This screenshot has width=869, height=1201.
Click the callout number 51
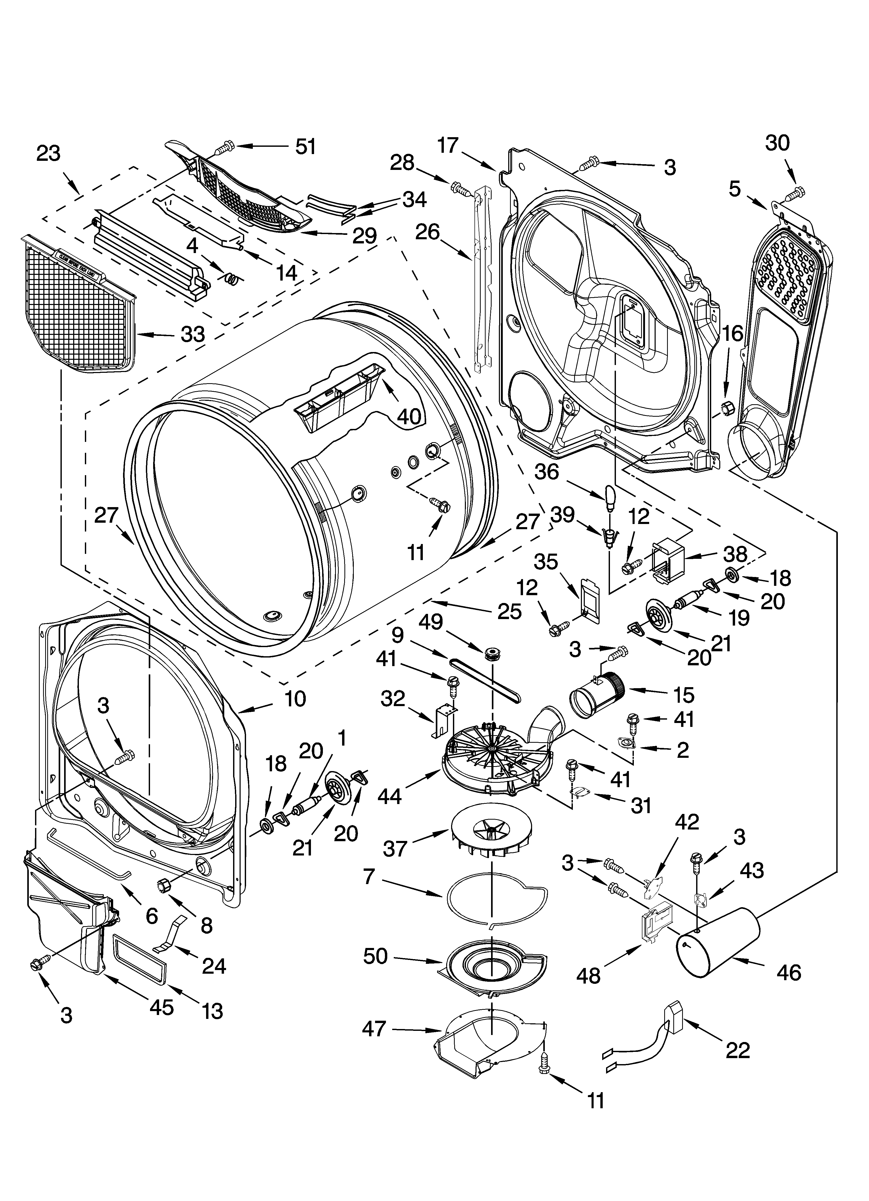coord(305,146)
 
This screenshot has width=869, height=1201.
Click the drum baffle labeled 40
coord(339,393)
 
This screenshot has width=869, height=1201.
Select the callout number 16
coord(733,334)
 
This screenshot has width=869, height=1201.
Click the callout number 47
coord(374,1030)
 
